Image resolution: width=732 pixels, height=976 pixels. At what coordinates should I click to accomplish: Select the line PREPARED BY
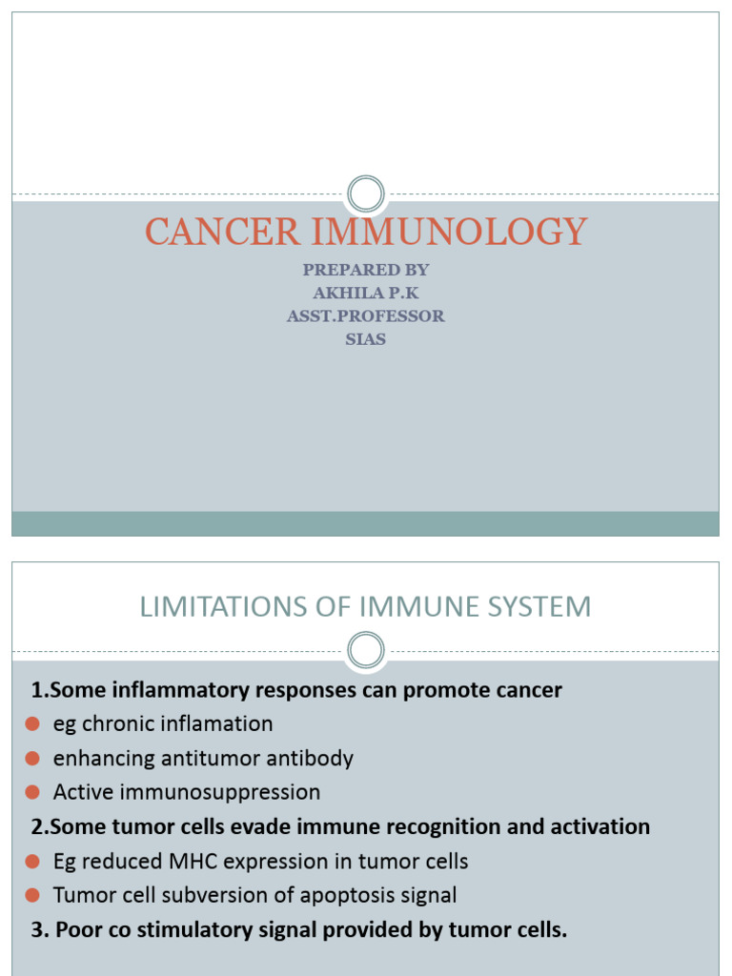point(366,270)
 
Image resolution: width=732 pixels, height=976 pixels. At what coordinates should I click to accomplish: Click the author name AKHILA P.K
point(366,293)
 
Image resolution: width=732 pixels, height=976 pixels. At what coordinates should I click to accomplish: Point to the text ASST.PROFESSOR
point(366,315)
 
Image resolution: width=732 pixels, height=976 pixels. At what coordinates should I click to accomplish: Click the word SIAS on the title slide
point(366,338)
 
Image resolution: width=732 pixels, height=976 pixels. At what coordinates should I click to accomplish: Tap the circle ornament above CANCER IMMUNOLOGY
point(365,194)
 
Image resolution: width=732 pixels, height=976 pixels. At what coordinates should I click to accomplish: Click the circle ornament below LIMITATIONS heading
point(365,651)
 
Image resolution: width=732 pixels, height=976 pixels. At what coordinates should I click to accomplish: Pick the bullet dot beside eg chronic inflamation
point(32,725)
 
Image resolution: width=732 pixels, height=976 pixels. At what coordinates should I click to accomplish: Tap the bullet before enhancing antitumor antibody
point(32,760)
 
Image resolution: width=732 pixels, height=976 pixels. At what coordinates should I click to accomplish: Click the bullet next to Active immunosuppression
point(32,793)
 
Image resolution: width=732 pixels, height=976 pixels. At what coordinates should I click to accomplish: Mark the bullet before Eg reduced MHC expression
point(32,863)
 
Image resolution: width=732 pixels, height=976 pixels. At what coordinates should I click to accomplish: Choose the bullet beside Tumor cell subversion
point(32,896)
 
